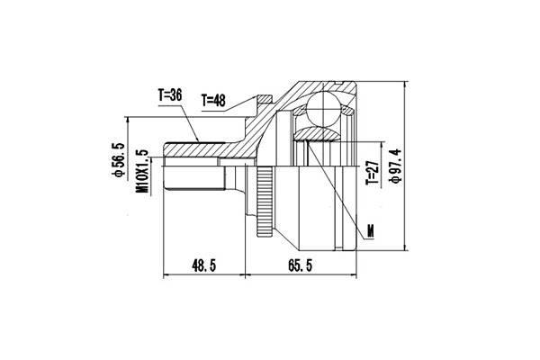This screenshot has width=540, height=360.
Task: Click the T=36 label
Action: (170, 95)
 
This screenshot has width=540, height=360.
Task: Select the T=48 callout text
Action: (213, 100)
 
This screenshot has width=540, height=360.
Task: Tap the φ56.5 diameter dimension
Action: (118, 159)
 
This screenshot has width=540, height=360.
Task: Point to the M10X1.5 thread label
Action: (142, 171)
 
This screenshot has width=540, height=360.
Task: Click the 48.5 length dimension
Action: (204, 265)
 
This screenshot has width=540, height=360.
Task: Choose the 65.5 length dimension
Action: (300, 265)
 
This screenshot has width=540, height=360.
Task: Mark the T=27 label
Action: (373, 172)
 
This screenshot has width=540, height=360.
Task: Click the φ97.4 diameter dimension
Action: (395, 166)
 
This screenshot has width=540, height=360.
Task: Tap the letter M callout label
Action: (370, 231)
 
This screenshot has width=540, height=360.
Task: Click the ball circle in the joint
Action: (324, 108)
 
